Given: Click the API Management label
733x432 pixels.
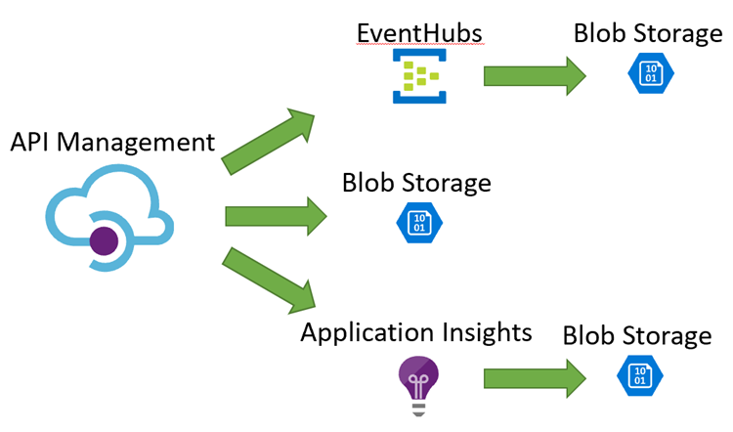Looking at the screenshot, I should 112,143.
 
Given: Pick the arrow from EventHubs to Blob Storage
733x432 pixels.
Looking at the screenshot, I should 534,76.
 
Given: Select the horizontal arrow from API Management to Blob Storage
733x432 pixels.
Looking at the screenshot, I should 275,216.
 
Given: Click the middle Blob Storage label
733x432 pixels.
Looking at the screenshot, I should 416,183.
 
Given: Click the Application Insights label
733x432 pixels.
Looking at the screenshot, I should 416,332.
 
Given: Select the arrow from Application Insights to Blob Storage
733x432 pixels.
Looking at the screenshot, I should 534,377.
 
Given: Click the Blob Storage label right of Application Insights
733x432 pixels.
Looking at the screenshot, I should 637,335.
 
